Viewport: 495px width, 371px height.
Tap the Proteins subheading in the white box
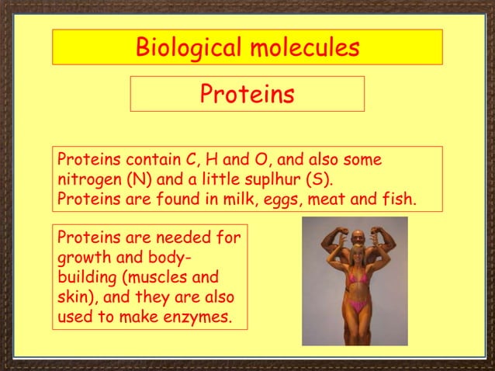pos(247,94)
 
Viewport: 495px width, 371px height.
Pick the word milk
pos(254,199)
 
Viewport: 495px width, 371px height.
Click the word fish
pos(400,199)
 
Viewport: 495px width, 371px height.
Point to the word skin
pos(71,297)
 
